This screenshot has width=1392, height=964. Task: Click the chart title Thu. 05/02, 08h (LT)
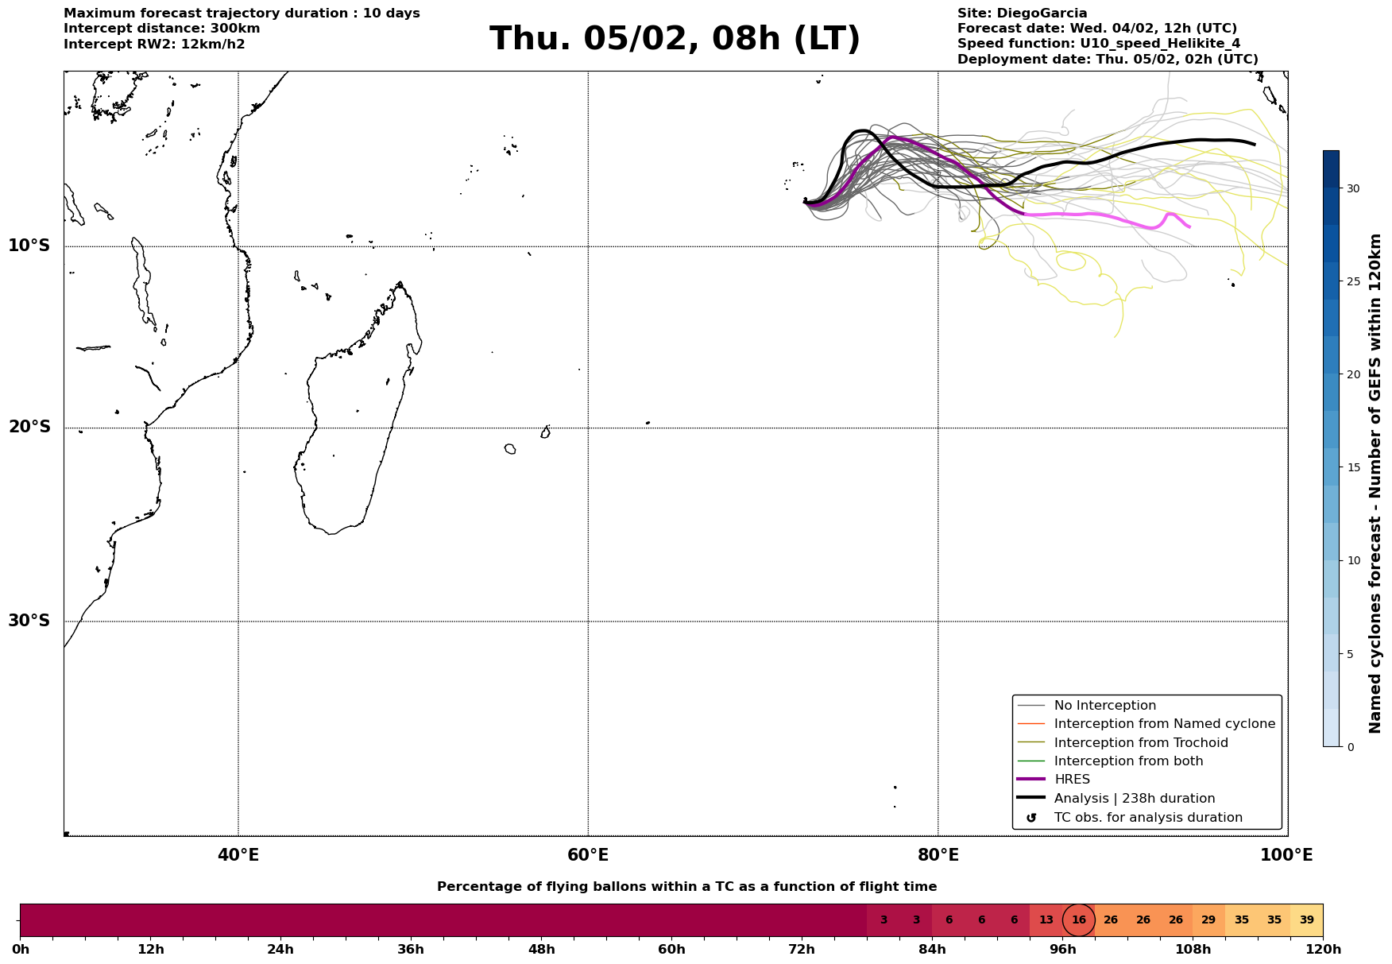(x=675, y=39)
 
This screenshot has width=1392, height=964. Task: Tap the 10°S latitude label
(x=29, y=246)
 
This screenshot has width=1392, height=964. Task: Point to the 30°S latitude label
(x=29, y=621)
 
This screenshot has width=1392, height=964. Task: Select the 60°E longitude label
(x=588, y=856)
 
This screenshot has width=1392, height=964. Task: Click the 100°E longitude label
(x=1286, y=856)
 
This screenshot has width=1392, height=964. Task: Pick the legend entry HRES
(x=1072, y=780)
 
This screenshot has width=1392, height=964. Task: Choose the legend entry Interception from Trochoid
(x=1140, y=743)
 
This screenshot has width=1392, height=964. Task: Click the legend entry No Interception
(x=1104, y=706)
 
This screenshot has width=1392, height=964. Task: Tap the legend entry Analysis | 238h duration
(x=1134, y=799)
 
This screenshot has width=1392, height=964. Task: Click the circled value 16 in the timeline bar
(x=1079, y=920)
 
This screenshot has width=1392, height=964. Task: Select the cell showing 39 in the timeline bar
(x=1306, y=920)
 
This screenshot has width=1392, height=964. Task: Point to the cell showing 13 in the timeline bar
(x=1046, y=920)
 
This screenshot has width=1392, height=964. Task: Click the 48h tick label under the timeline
(x=541, y=949)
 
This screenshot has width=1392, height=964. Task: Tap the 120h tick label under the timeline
(x=1323, y=949)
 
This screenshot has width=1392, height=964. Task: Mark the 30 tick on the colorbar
(x=1352, y=188)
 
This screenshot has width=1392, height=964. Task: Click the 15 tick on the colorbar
(x=1352, y=467)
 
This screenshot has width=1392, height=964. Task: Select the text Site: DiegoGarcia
(x=1022, y=14)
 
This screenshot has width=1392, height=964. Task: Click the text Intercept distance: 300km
(x=161, y=29)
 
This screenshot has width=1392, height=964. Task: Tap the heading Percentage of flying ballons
(x=686, y=887)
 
